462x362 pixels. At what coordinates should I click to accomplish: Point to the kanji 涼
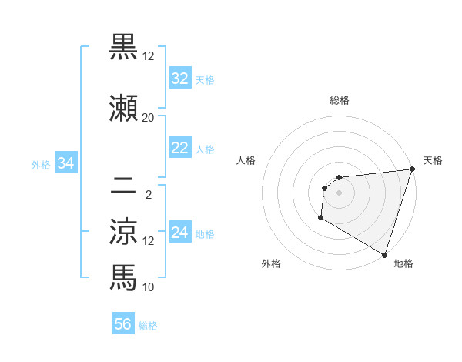click(x=123, y=230)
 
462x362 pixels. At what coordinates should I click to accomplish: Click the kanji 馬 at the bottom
click(x=123, y=277)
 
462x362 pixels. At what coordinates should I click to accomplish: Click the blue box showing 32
click(x=180, y=79)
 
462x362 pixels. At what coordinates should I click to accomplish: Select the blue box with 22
click(x=180, y=148)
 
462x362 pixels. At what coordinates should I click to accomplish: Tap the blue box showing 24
click(x=180, y=233)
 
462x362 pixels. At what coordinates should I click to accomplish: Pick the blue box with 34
click(x=65, y=163)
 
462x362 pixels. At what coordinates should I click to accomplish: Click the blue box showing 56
click(x=123, y=324)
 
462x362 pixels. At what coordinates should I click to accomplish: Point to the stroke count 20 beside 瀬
click(x=148, y=117)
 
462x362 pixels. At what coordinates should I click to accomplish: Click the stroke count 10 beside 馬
click(x=149, y=287)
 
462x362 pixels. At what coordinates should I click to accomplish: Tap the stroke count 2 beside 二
click(x=149, y=194)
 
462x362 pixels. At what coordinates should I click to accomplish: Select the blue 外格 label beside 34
click(x=42, y=164)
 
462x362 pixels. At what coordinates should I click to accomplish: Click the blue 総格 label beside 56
click(x=148, y=326)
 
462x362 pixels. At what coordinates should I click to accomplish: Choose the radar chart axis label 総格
click(x=340, y=100)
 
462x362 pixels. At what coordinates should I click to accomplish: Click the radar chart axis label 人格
click(x=246, y=160)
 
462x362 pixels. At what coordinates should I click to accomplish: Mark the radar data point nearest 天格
click(x=412, y=169)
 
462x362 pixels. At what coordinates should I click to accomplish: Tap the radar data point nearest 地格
click(x=384, y=255)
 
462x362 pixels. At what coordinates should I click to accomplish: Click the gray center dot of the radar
click(x=339, y=193)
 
